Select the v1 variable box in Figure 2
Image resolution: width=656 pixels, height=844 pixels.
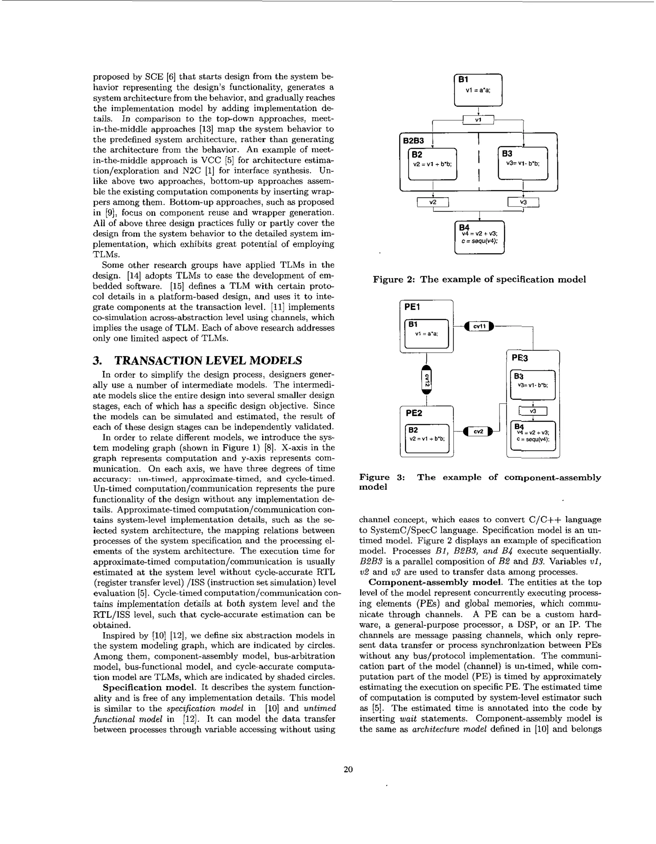coord(478,120)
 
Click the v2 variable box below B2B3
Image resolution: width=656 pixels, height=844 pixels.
coord(433,202)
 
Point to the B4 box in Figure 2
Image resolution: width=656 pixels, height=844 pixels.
coord(480,237)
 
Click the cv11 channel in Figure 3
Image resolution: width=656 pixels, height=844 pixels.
coord(479,327)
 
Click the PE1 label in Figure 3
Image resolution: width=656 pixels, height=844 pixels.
coord(412,307)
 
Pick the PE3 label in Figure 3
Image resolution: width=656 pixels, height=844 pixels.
coord(520,358)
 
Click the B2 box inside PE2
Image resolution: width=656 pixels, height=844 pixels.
coord(427,438)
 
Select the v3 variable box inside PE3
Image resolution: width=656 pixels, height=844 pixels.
coord(533,411)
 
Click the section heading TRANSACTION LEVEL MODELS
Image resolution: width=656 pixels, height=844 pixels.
coord(208,361)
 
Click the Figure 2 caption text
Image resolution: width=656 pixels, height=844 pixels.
coord(479,279)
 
